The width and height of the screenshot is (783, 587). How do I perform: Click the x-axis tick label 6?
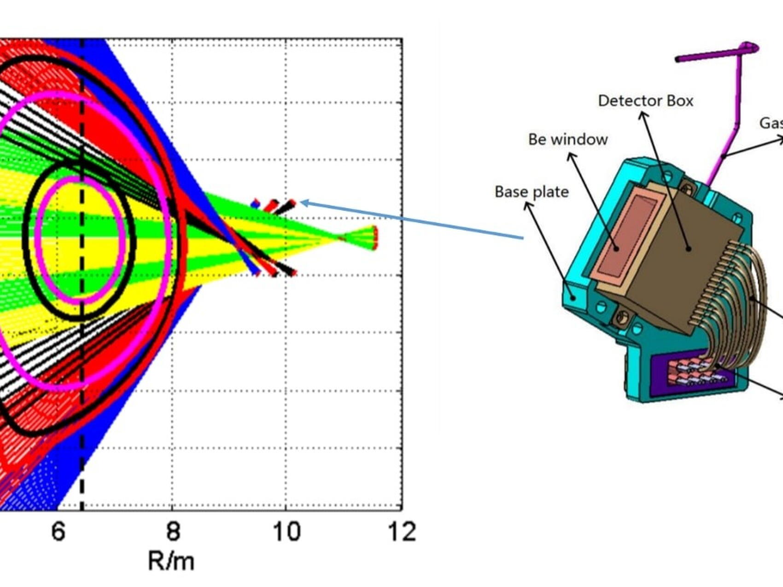coord(58,531)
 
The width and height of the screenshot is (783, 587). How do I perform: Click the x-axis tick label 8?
coord(173,531)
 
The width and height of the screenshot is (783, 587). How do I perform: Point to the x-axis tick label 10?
coord(286,531)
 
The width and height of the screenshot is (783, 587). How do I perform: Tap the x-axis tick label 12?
coord(402,531)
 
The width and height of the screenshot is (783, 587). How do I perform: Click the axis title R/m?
coord(171,561)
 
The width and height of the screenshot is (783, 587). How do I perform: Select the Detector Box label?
coord(645,101)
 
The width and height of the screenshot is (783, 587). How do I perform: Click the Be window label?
coord(567,139)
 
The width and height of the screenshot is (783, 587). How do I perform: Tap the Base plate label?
coord(531,192)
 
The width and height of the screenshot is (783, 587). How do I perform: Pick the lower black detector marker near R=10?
coord(287,270)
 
